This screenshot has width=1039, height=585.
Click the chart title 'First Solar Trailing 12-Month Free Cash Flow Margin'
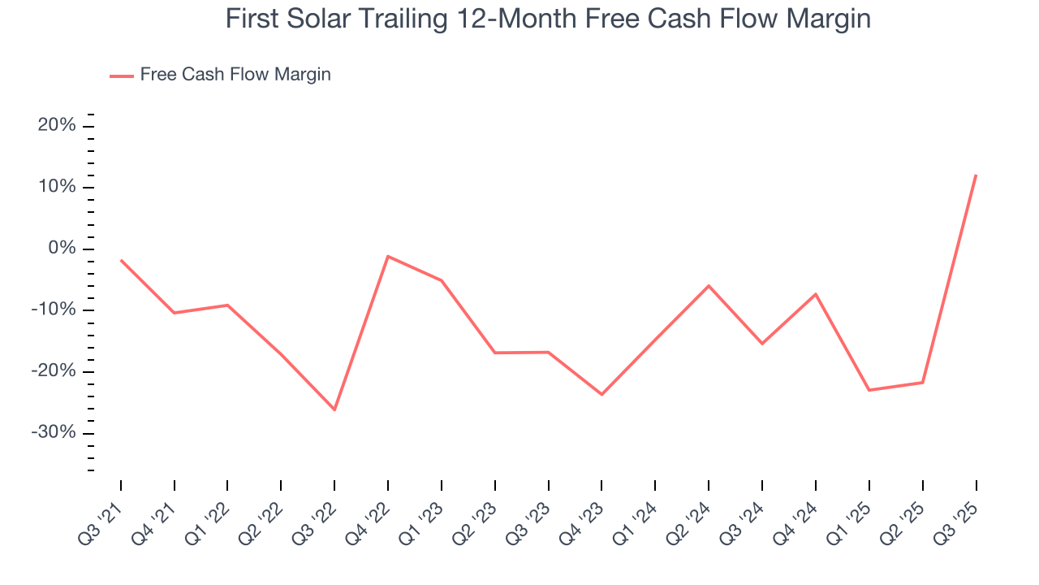(548, 19)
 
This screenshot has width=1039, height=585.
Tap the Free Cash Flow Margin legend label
(235, 75)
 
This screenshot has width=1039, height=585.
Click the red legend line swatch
(121, 76)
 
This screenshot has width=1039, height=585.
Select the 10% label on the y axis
(57, 187)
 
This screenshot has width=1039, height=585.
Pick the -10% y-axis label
(54, 310)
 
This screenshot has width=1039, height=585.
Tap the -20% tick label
(54, 371)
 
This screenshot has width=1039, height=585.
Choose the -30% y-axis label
(54, 432)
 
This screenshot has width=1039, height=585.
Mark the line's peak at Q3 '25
(976, 175)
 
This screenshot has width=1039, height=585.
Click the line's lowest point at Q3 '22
(334, 409)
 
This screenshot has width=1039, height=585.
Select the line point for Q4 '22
(388, 256)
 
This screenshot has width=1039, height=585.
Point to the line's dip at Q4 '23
(601, 394)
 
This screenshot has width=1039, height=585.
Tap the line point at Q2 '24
(709, 285)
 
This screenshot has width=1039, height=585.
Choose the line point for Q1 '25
(869, 390)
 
